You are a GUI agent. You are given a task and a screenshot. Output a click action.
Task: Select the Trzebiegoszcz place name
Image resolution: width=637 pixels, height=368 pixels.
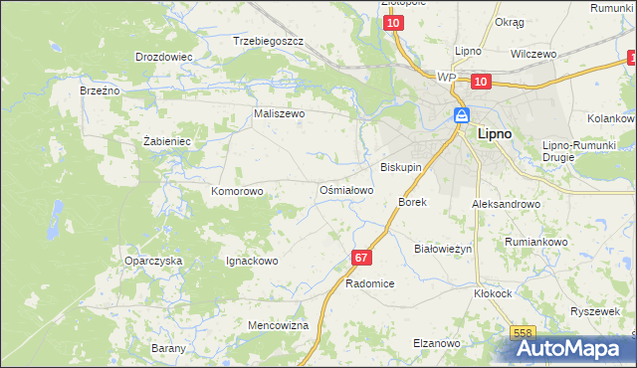268,42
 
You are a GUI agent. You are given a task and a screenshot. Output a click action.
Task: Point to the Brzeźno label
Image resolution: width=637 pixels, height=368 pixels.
100,91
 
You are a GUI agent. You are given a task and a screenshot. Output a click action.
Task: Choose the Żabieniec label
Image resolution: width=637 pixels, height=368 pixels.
166,141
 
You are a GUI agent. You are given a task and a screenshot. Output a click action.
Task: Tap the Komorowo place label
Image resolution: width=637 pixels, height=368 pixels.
237,190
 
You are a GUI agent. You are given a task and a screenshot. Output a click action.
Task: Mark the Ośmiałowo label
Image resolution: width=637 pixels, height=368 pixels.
345,189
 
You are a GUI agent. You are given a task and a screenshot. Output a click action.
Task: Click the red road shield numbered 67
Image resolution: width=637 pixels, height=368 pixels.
361,258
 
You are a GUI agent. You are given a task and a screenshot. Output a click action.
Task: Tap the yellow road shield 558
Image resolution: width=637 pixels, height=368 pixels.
524,334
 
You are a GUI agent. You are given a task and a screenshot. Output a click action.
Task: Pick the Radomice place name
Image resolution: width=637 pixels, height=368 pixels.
370,283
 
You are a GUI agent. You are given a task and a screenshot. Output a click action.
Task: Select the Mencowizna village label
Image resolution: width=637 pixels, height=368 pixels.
279,325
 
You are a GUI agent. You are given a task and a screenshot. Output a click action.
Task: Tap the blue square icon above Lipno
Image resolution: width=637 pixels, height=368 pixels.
462,114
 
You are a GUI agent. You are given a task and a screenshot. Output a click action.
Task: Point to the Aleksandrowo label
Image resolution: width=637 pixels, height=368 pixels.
506,203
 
